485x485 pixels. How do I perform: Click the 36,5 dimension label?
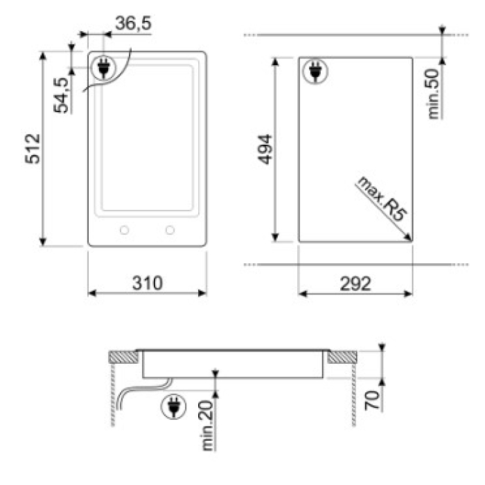click(133, 23)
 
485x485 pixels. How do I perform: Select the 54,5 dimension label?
click(61, 95)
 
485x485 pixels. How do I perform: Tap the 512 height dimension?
click(33, 148)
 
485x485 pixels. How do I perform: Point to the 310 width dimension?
click(147, 283)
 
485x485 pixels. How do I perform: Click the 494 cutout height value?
click(265, 149)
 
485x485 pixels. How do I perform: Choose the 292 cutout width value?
click(355, 283)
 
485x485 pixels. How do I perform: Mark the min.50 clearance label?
click(433, 94)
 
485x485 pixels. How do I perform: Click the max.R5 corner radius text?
click(381, 199)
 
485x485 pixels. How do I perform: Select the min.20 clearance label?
click(207, 425)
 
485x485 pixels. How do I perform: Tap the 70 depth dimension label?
click(372, 400)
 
